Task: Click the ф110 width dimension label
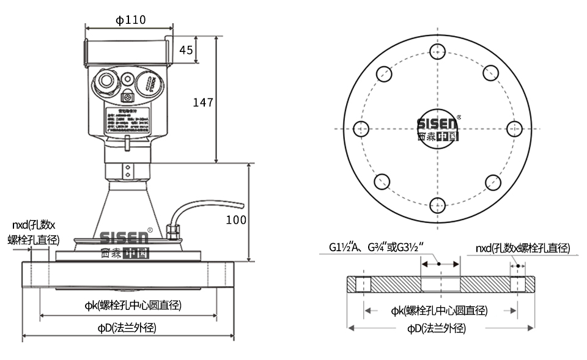130,20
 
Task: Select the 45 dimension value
186,50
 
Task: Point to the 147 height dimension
203,102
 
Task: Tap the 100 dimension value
236,219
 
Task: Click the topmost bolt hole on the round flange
437,51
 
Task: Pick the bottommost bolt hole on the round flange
437,205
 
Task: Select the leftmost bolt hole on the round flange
361,129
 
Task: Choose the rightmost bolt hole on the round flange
514,128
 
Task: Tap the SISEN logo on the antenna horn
124,244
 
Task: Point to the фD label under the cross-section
437,328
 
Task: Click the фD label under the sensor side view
127,327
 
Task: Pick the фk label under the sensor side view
133,305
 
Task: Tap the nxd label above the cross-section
523,248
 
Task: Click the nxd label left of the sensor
34,232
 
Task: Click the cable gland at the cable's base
171,230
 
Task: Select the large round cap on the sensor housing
147,83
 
